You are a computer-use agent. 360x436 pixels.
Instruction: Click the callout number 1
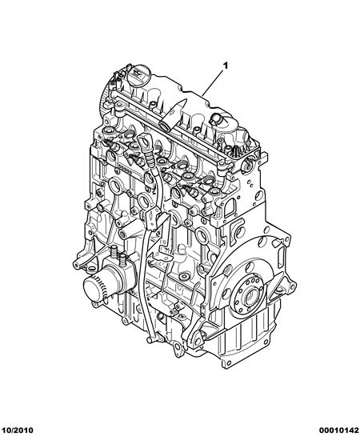tap(226, 66)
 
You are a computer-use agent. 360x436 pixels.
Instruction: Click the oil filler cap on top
tap(139, 74)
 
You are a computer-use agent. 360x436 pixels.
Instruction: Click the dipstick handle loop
tap(144, 142)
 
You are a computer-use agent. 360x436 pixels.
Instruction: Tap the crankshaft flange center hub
tap(250, 297)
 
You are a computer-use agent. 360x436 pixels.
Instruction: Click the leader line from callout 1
tap(213, 82)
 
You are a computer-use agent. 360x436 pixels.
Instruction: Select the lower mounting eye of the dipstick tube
tap(150, 340)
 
